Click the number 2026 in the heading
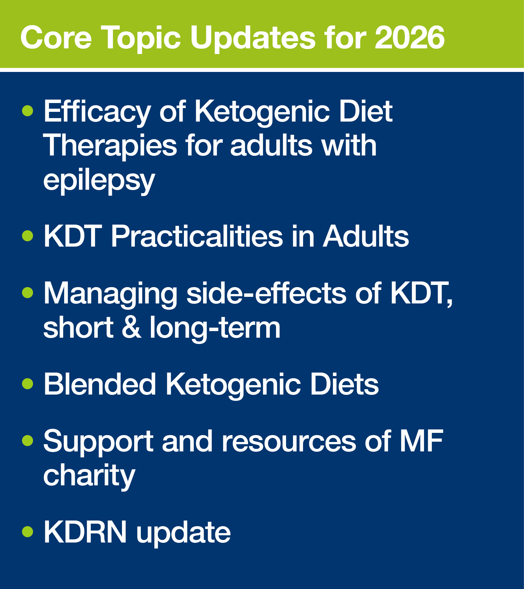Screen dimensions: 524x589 point(410,38)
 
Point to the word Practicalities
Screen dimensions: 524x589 point(197,236)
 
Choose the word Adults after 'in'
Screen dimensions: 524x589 point(366,236)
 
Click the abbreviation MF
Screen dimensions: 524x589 point(421,441)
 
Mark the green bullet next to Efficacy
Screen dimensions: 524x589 point(28,111)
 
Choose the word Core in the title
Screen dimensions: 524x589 point(56,38)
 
